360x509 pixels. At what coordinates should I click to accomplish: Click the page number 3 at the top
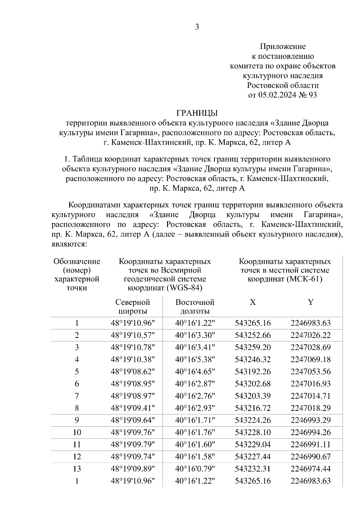[x=197, y=27]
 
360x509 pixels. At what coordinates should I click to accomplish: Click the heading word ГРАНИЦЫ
[x=197, y=113]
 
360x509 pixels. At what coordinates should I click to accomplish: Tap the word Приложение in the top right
[x=283, y=46]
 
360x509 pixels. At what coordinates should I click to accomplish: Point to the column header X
[x=253, y=302]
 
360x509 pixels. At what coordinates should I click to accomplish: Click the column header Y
[x=310, y=302]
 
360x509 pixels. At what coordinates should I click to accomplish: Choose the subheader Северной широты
[x=133, y=306]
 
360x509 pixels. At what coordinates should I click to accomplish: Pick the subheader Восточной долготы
[x=195, y=306]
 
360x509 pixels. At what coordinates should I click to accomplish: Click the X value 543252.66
[x=253, y=335]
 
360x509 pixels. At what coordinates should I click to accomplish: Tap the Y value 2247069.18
[x=310, y=359]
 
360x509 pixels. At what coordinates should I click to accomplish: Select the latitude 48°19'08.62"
[x=133, y=372]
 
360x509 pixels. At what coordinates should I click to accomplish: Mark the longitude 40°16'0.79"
[x=195, y=469]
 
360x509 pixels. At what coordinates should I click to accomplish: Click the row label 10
[x=77, y=432]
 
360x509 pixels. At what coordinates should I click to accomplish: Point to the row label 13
[x=77, y=469]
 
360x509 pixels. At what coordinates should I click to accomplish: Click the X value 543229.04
[x=253, y=445]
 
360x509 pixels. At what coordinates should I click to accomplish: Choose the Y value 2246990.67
[x=310, y=457]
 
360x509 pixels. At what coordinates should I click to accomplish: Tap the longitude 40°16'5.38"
[x=195, y=359]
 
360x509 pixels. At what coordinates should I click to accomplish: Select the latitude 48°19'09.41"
[x=133, y=408]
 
